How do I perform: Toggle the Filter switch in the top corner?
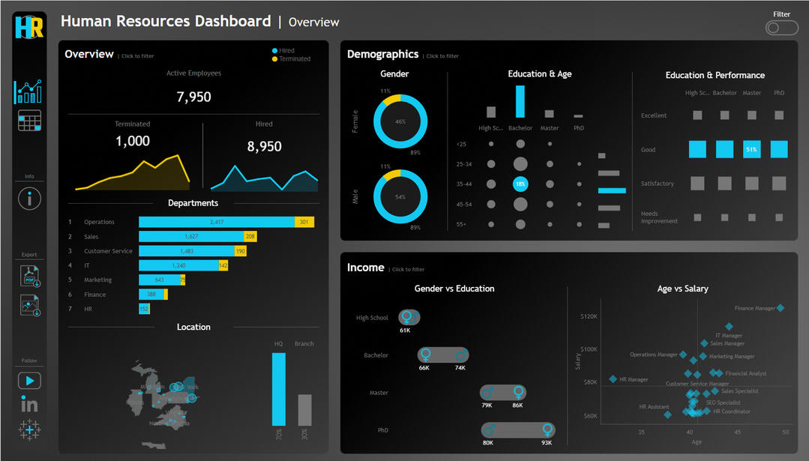781,28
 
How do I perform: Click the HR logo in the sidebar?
29,27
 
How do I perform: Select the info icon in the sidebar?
29,198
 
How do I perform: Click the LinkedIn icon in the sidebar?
29,405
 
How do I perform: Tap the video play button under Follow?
29,381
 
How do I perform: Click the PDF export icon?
30,277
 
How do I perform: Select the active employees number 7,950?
193,97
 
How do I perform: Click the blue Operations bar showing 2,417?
216,222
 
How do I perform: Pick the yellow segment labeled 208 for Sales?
250,236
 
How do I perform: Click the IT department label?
87,265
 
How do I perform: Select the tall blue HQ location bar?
278,389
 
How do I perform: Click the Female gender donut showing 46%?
400,121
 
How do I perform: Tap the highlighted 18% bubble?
520,184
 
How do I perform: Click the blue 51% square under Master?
751,149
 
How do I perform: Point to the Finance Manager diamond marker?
780,308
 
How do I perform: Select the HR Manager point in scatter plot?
613,379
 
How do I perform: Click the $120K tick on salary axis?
589,316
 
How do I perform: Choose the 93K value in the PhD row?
547,443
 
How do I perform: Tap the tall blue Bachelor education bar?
520,101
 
